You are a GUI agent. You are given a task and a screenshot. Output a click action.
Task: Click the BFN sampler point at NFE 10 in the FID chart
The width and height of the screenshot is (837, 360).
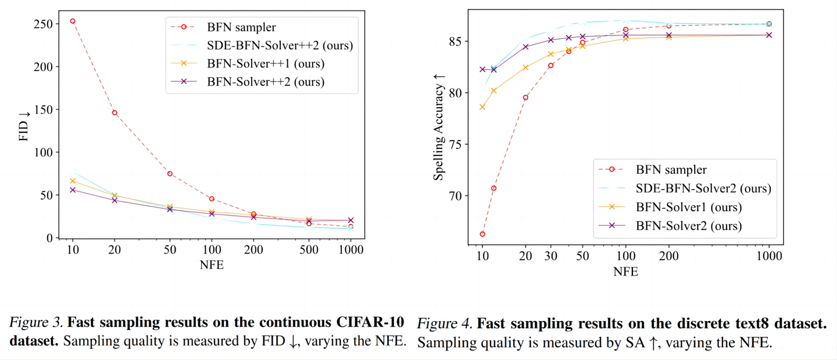point(73,21)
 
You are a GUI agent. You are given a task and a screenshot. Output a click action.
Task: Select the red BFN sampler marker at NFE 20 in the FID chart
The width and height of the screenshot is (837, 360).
point(115,113)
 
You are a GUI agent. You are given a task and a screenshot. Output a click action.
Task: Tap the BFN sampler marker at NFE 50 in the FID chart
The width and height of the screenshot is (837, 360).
point(170,174)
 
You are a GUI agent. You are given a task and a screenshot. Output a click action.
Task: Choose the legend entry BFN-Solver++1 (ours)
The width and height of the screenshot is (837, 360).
point(266,63)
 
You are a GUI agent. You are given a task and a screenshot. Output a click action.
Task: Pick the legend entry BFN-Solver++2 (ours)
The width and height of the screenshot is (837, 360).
point(266,81)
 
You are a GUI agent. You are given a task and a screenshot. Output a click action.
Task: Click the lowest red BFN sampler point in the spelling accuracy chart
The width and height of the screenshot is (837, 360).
point(482,234)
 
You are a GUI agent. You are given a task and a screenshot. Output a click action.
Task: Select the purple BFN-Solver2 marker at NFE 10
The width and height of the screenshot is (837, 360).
point(482,69)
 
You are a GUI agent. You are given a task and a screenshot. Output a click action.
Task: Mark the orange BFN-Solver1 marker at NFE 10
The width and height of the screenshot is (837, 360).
point(482,107)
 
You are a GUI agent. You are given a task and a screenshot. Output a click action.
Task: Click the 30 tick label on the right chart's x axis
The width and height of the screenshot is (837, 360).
point(550,256)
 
